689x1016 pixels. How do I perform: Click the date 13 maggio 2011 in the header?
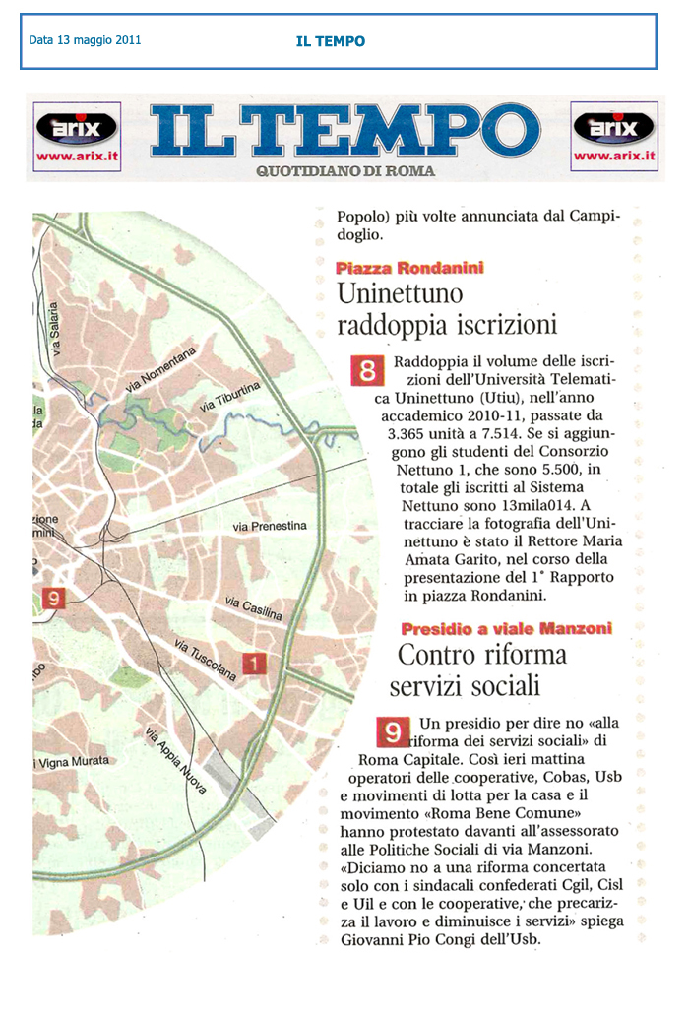(85, 41)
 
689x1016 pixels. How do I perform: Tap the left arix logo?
(77, 137)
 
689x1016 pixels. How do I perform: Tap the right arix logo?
(613, 137)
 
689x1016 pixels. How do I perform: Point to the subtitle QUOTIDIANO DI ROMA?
(344, 171)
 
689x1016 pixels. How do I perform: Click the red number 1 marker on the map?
(255, 665)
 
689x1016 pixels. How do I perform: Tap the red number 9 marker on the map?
(55, 599)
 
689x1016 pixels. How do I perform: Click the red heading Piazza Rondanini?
(409, 268)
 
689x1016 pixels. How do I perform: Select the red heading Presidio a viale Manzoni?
(506, 628)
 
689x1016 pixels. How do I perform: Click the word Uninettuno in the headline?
(400, 293)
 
